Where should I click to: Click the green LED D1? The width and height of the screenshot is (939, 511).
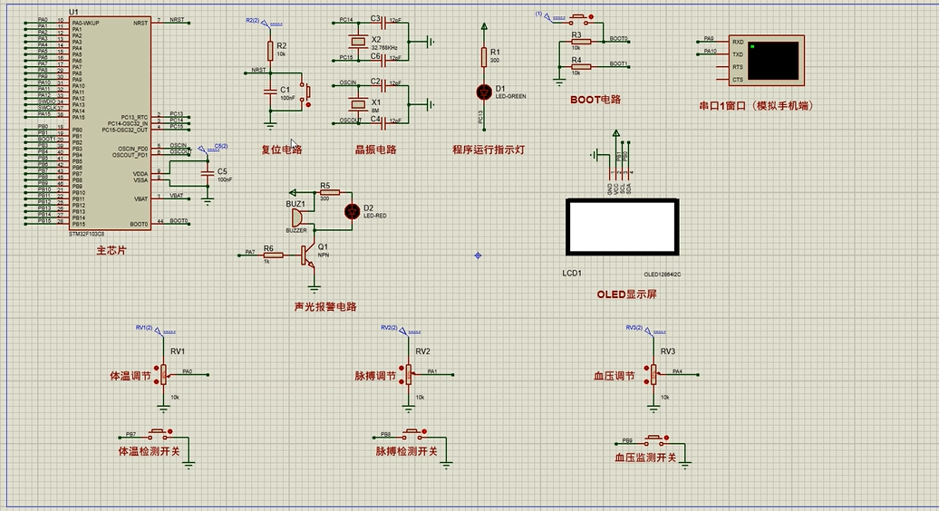(x=483, y=92)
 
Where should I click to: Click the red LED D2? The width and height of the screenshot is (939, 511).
(x=352, y=211)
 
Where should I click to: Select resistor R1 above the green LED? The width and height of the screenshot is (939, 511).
(x=483, y=57)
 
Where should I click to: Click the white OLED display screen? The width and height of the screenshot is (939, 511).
(x=622, y=227)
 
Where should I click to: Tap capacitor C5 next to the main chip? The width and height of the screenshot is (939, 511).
(x=208, y=171)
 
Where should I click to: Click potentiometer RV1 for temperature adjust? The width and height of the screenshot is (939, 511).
(x=164, y=372)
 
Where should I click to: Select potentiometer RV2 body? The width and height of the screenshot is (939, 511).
(x=409, y=372)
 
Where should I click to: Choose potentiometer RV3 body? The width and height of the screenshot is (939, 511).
(x=653, y=372)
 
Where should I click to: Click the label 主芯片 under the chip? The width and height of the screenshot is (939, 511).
(x=111, y=250)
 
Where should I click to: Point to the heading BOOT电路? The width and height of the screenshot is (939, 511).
(x=595, y=100)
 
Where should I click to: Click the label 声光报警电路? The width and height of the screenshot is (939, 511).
(x=325, y=306)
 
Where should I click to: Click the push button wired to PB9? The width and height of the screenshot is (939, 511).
(x=652, y=440)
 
